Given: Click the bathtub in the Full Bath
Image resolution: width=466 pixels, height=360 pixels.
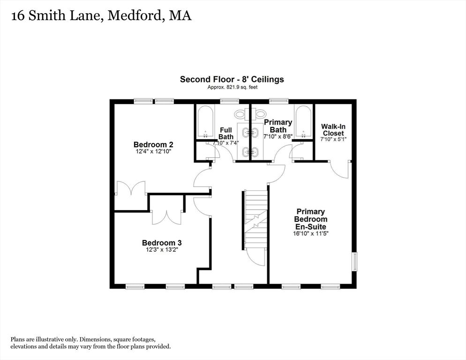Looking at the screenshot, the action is pyautogui.click(x=206, y=121).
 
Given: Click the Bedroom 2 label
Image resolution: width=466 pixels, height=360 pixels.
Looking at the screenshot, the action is pyautogui.click(x=153, y=145).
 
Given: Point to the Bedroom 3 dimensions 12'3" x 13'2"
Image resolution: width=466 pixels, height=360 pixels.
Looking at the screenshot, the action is pyautogui.click(x=162, y=250).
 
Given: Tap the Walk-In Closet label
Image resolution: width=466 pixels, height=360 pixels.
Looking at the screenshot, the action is pyautogui.click(x=333, y=130).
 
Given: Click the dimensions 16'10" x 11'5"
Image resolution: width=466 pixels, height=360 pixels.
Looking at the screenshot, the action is pyautogui.click(x=310, y=233).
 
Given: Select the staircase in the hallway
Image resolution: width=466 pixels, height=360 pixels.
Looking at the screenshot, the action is pyautogui.click(x=255, y=220).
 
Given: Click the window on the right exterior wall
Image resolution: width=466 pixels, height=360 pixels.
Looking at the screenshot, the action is pyautogui.click(x=355, y=262).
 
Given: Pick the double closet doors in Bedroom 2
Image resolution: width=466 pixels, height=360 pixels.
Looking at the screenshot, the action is pyautogui.click(x=131, y=188).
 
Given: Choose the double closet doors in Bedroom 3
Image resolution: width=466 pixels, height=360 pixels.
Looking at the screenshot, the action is pyautogui.click(x=166, y=217).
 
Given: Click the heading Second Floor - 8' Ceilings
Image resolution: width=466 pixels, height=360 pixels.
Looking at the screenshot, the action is pyautogui.click(x=232, y=79).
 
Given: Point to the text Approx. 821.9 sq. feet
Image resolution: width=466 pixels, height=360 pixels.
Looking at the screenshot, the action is pyautogui.click(x=233, y=87).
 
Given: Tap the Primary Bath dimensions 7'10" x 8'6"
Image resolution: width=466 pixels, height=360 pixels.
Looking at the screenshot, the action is pyautogui.click(x=278, y=136).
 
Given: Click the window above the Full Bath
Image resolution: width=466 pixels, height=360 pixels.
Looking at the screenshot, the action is pyautogui.click(x=229, y=101).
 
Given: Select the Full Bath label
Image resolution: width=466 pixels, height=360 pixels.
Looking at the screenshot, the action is pyautogui.click(x=226, y=134).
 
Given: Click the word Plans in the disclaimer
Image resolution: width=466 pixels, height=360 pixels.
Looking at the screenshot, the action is pyautogui.click(x=17, y=339).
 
